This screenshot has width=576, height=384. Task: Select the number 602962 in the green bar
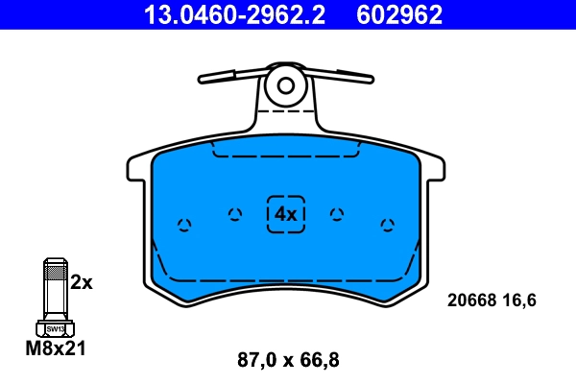(399, 14)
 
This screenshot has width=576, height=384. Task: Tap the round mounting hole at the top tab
(285, 84)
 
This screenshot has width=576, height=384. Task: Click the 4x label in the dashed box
(285, 213)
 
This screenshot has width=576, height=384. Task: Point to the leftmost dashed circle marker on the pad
(184, 225)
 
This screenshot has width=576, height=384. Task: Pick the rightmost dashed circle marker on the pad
(387, 225)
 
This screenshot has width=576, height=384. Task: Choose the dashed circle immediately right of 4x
(336, 214)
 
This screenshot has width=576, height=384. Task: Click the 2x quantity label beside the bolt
(82, 282)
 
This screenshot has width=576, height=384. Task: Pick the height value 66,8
(321, 361)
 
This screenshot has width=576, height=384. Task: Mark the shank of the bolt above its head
(56, 288)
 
